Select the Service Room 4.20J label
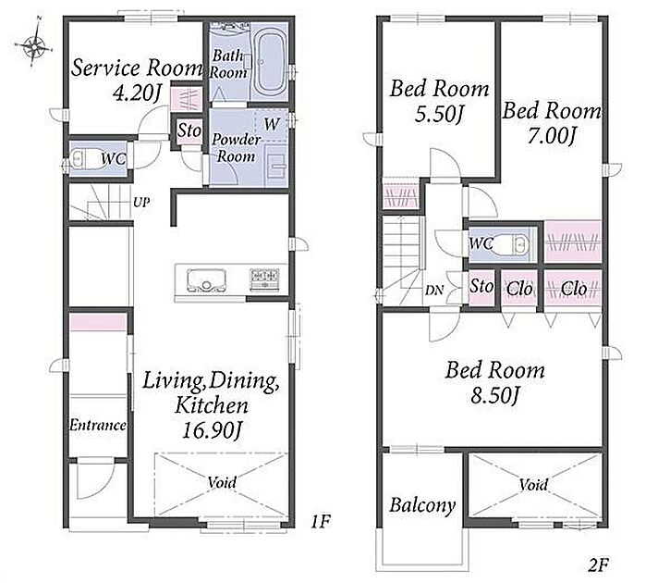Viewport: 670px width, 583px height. click(x=136, y=81)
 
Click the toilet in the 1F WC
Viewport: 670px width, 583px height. click(x=84, y=159)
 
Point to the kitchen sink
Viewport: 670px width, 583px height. click(x=206, y=280)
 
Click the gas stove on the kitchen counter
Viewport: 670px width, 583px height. click(x=265, y=279)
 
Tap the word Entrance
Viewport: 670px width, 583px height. click(x=98, y=425)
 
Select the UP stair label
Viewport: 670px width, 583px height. click(x=141, y=202)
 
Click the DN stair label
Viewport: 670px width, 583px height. click(x=434, y=291)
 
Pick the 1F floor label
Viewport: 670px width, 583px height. click(x=320, y=521)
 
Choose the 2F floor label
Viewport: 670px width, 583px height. click(x=598, y=565)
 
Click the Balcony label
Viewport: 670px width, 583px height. click(x=422, y=505)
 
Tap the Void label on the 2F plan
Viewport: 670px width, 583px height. click(x=533, y=485)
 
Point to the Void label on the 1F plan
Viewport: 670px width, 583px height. click(x=222, y=482)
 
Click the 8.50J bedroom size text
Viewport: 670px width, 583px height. click(x=495, y=395)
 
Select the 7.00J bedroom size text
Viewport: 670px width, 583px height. click(x=552, y=136)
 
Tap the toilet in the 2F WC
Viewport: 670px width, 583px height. click(x=515, y=245)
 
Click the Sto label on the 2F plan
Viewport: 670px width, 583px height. click(x=481, y=286)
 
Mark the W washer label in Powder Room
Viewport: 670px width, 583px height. click(x=272, y=124)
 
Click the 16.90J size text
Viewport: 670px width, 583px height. click(x=212, y=430)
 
